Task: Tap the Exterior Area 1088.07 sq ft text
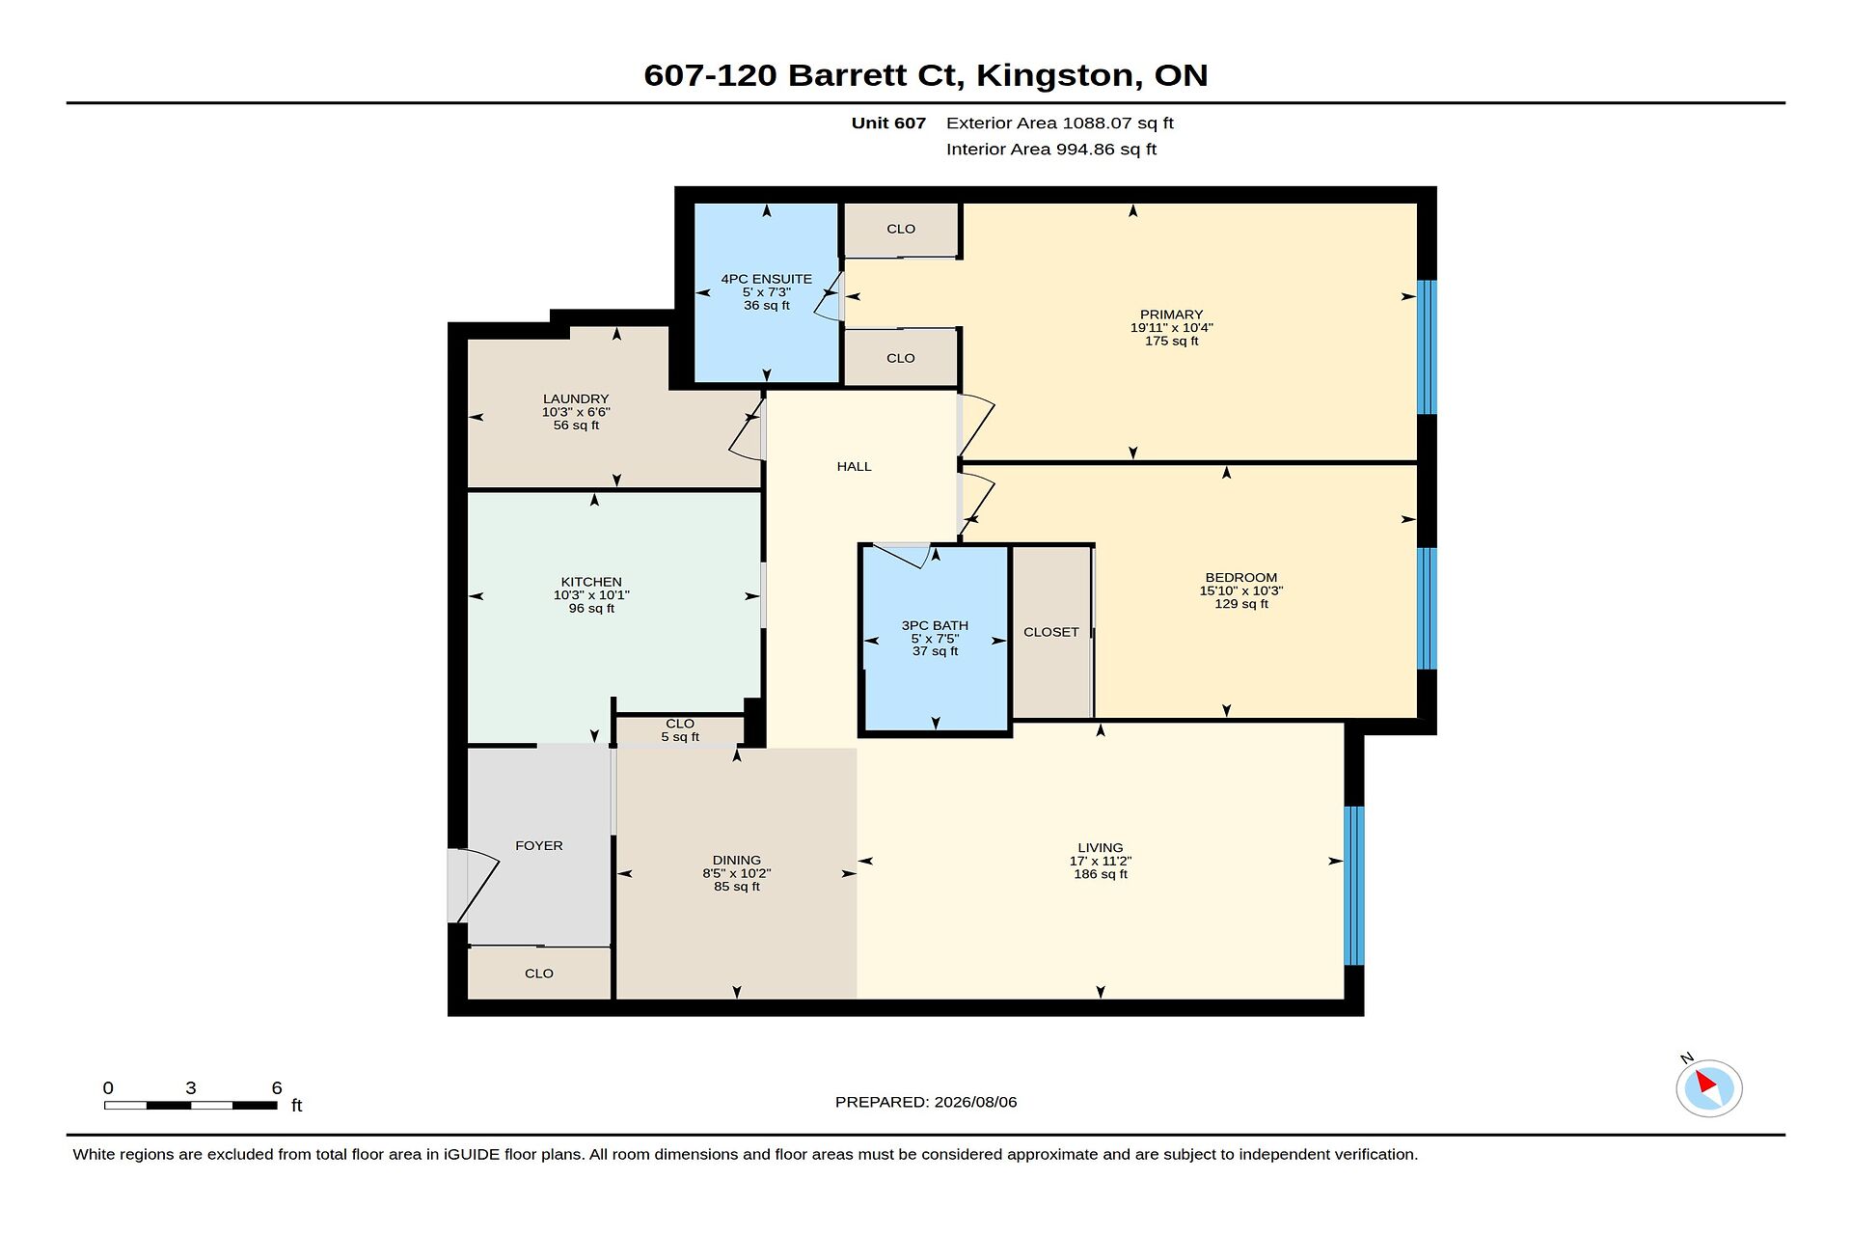[x=1059, y=123]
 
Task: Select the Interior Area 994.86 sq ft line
[x=1050, y=149]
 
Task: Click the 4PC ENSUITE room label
[x=766, y=279]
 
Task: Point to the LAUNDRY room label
[x=576, y=398]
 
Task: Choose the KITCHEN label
[x=591, y=582]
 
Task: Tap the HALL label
[x=854, y=466]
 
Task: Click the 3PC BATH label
[x=935, y=625]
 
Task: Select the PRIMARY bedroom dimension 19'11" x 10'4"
[x=1171, y=327]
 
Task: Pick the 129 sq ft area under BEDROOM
[x=1241, y=603]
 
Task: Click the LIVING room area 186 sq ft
[x=1101, y=873]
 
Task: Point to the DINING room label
[x=737, y=860]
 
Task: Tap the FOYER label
[x=538, y=845]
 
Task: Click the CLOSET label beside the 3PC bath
[x=1051, y=632]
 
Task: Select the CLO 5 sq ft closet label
[x=680, y=729]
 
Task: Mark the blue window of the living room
[x=1354, y=886]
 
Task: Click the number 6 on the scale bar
[x=277, y=1087]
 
